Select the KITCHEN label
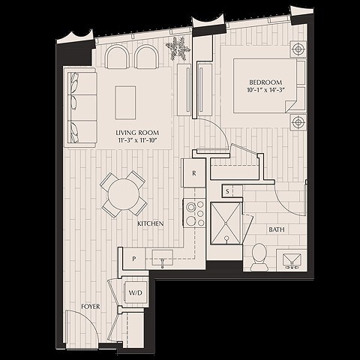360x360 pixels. [x=151, y=223]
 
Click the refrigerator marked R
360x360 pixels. [x=194, y=172]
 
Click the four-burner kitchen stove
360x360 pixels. [x=195, y=213]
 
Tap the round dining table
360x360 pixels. [x=124, y=193]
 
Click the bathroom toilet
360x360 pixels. [x=259, y=255]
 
